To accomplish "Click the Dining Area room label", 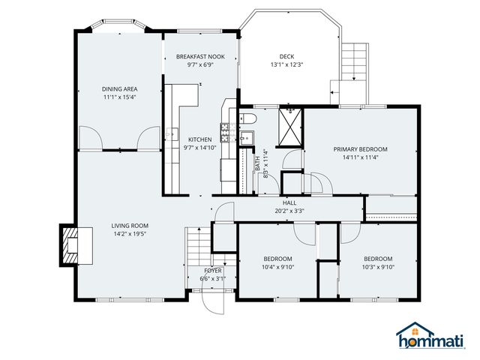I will tap(120, 88).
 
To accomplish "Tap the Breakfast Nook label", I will tap(199, 57).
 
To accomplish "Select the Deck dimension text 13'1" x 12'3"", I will tap(286, 64).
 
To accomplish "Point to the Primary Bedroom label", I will tap(361, 148).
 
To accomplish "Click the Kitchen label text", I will tap(199, 139).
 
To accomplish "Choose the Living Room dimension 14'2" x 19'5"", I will tap(130, 234).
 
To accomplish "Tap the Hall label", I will tap(289, 203).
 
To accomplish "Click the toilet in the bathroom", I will tap(248, 118).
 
